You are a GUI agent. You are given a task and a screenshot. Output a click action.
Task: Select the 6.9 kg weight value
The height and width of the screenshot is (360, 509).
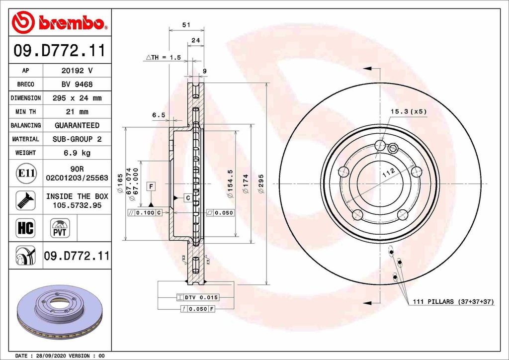pyautogui.click(x=77, y=153)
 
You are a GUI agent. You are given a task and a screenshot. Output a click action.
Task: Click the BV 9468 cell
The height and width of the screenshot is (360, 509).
pyautogui.click(x=77, y=85)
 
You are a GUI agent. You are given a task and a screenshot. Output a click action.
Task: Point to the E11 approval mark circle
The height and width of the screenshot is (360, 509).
pyautogui.click(x=26, y=174)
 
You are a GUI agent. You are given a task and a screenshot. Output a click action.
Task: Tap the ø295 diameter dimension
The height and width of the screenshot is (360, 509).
pyautogui.click(x=261, y=183)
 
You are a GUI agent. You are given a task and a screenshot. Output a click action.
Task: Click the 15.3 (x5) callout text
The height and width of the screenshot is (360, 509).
pyautogui.click(x=408, y=111)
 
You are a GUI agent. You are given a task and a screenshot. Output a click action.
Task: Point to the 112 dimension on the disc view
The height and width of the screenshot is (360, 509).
pyautogui.click(x=389, y=172)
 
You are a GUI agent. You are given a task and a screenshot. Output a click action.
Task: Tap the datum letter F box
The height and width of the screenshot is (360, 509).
pyautogui.click(x=151, y=186)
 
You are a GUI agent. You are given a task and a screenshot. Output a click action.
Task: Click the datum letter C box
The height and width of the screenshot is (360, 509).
pyautogui.click(x=188, y=198)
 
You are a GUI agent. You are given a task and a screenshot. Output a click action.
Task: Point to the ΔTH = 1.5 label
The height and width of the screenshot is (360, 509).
pyautogui.click(x=163, y=58)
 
